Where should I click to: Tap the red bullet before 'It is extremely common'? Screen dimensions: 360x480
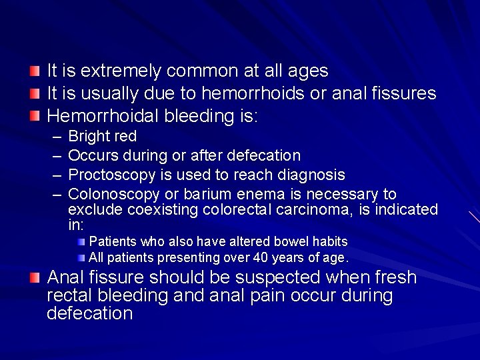pyautogui.click(x=35, y=71)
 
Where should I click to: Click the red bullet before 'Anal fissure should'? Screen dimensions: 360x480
pyautogui.click(x=35, y=277)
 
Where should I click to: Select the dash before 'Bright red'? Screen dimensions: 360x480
pyautogui.click(x=55, y=137)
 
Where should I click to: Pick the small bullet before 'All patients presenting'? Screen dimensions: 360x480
pyautogui.click(x=81, y=257)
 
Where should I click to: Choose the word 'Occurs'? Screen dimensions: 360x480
pyautogui.click(x=92, y=155)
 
